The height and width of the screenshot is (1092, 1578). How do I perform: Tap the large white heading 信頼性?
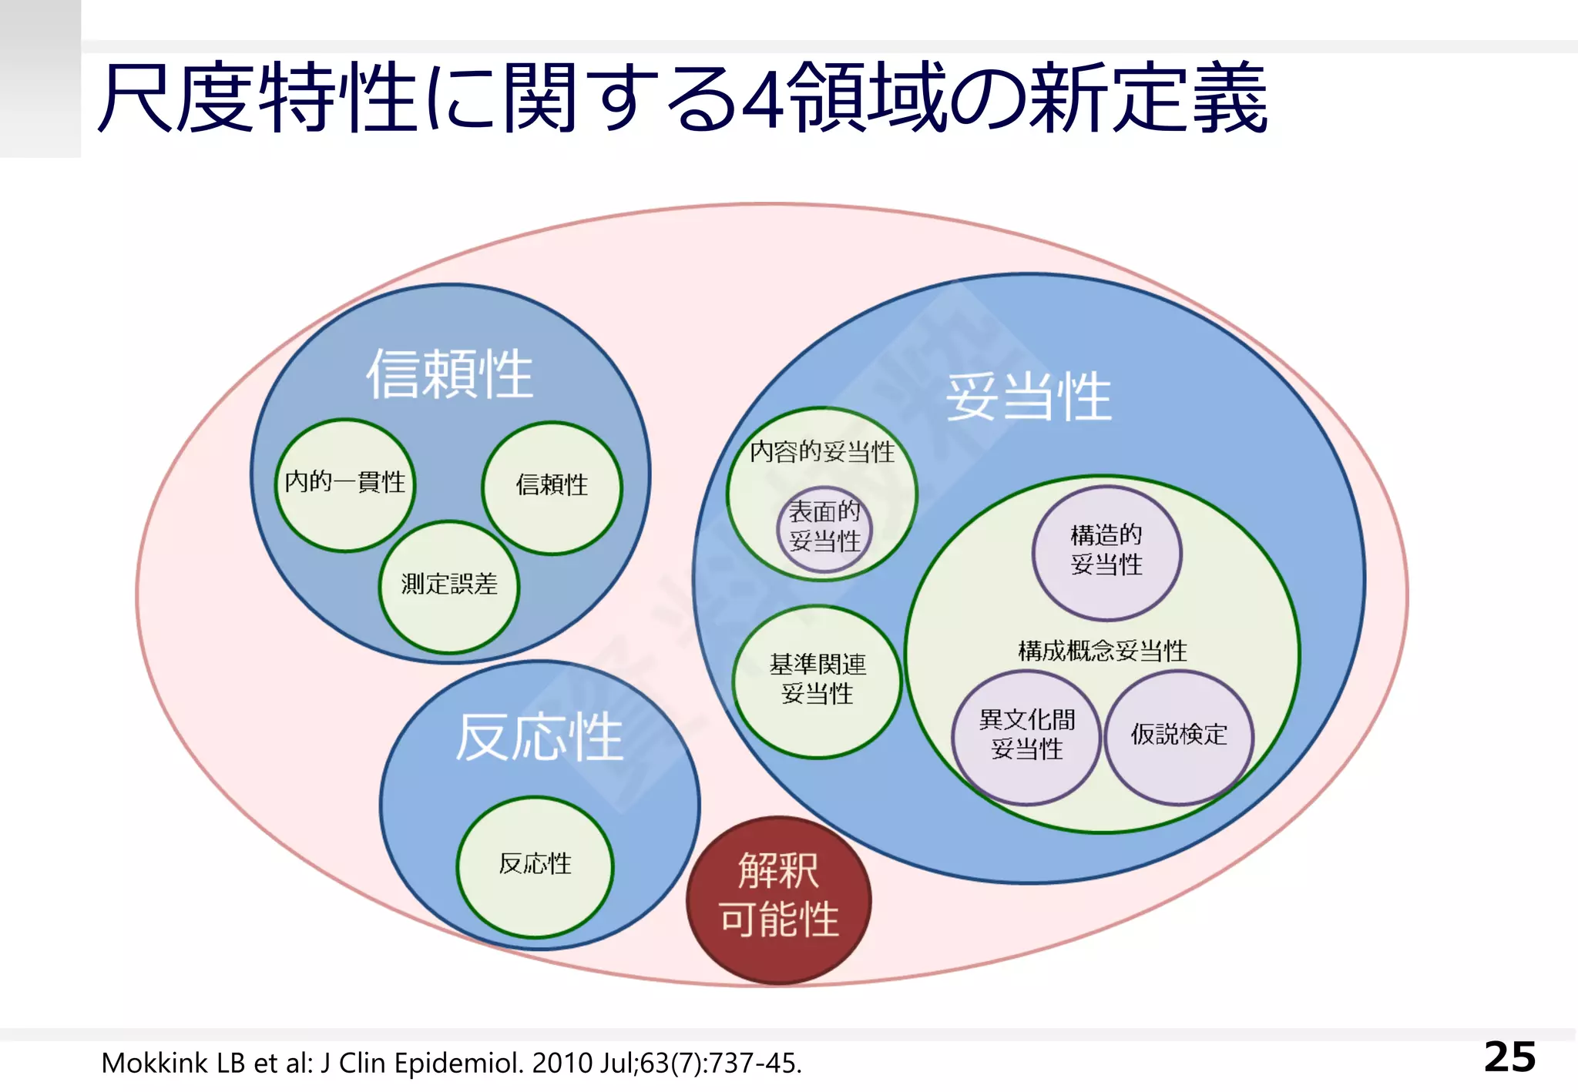click(x=449, y=374)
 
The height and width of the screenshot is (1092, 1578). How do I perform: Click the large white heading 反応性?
click(x=539, y=737)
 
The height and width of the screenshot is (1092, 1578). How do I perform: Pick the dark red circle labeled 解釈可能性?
click(x=778, y=899)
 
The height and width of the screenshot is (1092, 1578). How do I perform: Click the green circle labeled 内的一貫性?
click(x=344, y=484)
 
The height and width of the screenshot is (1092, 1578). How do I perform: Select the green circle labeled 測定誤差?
click(x=449, y=585)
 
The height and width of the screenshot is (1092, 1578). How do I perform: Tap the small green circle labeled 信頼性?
click(x=552, y=486)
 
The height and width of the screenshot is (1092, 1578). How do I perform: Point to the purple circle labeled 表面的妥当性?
click(x=824, y=528)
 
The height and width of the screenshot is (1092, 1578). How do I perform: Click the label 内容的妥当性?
click(x=822, y=451)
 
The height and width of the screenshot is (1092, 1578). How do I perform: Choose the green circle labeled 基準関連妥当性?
click(x=817, y=680)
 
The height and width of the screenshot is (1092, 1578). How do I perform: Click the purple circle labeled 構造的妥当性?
click(x=1106, y=551)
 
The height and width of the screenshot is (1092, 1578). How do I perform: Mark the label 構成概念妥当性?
click(x=1102, y=652)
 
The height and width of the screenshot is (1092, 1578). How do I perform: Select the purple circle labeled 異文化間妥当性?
click(x=1026, y=735)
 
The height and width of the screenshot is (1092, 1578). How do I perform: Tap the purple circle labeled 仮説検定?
click(x=1178, y=735)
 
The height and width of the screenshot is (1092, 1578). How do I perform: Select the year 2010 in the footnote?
click(x=562, y=1064)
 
